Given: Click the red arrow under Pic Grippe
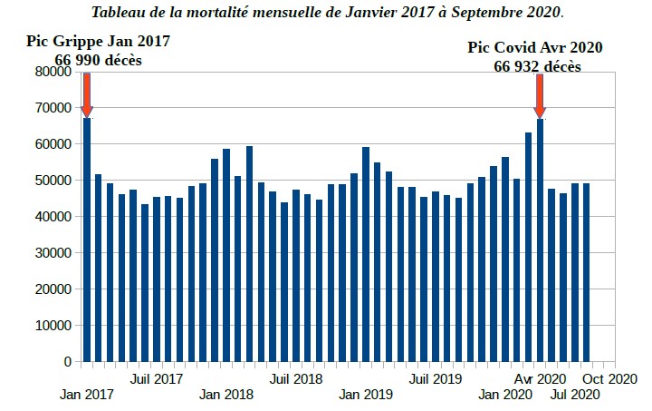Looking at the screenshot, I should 87,94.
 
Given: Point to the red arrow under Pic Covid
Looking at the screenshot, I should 540,95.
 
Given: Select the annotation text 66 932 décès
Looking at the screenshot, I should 537,66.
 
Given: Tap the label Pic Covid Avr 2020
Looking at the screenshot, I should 535,48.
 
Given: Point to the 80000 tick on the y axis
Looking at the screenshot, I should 52,72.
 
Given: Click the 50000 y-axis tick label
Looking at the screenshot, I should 52,181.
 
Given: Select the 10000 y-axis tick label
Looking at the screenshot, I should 52,326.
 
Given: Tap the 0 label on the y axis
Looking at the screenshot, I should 66,362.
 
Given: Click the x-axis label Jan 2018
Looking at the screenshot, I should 226,395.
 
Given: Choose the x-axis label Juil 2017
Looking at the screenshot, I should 158,377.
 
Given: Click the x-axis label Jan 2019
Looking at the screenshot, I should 366,395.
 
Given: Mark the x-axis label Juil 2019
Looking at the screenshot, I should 436,377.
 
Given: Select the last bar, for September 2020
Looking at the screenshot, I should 586,272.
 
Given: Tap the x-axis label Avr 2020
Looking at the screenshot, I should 541,377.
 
